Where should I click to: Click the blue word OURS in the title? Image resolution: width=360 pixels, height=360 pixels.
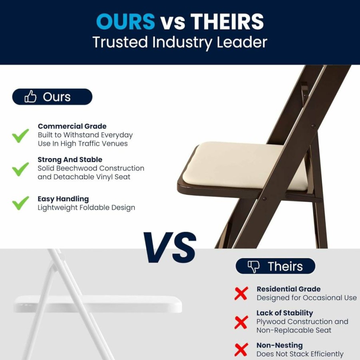[125, 22]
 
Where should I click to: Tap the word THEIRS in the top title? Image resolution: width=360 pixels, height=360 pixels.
[227, 22]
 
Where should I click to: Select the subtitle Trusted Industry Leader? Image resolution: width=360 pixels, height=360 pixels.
[180, 42]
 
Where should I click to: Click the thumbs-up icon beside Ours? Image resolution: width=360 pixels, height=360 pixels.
[30, 96]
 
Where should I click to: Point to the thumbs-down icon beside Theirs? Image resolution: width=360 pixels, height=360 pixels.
[253, 267]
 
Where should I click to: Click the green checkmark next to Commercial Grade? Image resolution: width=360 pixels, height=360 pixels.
[20, 135]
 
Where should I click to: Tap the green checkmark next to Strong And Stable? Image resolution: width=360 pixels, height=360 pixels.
[20, 169]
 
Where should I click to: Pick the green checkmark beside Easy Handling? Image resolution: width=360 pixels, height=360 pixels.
[20, 203]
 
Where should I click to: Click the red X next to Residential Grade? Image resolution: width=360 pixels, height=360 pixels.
[241, 293]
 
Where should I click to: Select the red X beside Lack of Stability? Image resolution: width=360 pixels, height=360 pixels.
[241, 322]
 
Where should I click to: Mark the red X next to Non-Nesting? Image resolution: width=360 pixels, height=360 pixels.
[241, 350]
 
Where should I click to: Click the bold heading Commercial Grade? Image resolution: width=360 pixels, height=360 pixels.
[72, 126]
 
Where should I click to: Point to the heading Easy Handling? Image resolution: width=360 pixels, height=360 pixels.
[63, 199]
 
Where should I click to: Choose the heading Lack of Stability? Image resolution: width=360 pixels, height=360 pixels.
[285, 313]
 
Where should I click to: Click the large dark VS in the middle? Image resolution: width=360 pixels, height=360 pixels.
[170, 247]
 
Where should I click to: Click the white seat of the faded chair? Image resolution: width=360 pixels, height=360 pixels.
[97, 304]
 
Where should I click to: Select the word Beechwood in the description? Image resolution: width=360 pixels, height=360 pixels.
[77, 168]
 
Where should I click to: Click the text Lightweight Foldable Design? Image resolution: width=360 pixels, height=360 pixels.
[86, 208]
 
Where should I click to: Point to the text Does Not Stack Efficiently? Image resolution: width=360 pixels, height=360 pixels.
[300, 354]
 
